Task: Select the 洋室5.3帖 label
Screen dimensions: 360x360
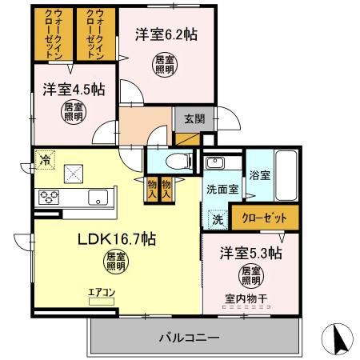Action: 250,254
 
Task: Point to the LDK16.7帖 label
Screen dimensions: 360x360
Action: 117,236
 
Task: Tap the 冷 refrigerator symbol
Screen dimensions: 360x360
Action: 45,159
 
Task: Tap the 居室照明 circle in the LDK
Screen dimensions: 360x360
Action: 117,260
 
